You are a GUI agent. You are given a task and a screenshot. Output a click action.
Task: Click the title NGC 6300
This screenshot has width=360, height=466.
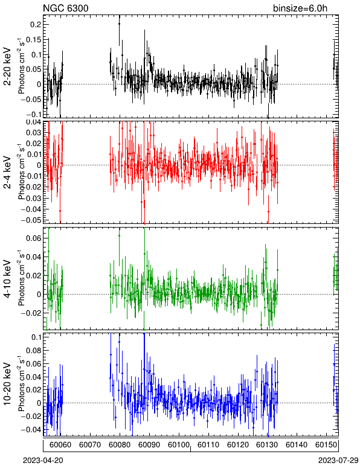pyautogui.click(x=66, y=8)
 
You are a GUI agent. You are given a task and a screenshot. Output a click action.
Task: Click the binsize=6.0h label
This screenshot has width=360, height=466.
pyautogui.click(x=300, y=8)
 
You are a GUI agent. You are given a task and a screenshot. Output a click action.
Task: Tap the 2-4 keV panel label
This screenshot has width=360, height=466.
pyautogui.click(x=7, y=173)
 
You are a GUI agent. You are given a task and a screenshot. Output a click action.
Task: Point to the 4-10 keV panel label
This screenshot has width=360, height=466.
pyautogui.click(x=7, y=279)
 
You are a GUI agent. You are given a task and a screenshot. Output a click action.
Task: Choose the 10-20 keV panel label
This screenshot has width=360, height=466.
pyautogui.click(x=7, y=384)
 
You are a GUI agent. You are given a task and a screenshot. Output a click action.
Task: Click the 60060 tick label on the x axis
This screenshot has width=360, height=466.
pyautogui.click(x=60, y=445)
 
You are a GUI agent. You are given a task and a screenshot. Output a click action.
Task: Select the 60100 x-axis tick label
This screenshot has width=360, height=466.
pyautogui.click(x=179, y=445)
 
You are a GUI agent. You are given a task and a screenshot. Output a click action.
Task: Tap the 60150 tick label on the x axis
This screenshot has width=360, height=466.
pyautogui.click(x=326, y=445)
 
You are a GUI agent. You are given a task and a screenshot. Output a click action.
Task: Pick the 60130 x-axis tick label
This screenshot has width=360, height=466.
pyautogui.click(x=267, y=445)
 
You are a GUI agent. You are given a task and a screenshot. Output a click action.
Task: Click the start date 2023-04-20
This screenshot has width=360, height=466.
pyautogui.click(x=43, y=461)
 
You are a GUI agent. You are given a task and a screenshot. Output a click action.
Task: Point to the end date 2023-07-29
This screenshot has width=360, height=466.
pyautogui.click(x=338, y=461)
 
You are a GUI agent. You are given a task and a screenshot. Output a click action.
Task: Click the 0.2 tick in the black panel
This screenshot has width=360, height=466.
pyautogui.click(x=36, y=25)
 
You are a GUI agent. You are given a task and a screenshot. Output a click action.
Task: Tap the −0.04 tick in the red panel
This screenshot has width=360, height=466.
pyautogui.click(x=31, y=209)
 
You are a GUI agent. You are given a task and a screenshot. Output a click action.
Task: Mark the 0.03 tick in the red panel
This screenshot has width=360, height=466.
pyautogui.click(x=34, y=133)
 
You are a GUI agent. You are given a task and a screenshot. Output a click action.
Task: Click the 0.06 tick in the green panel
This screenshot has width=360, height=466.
pyautogui.click(x=34, y=238)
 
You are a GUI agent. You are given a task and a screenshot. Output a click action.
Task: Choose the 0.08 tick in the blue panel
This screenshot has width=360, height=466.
pyautogui.click(x=34, y=350)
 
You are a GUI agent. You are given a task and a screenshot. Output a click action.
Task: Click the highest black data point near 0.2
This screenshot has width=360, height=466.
pyautogui.click(x=119, y=24)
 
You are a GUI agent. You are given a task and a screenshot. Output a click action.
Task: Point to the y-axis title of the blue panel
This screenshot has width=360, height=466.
pyautogui.click(x=21, y=383)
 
